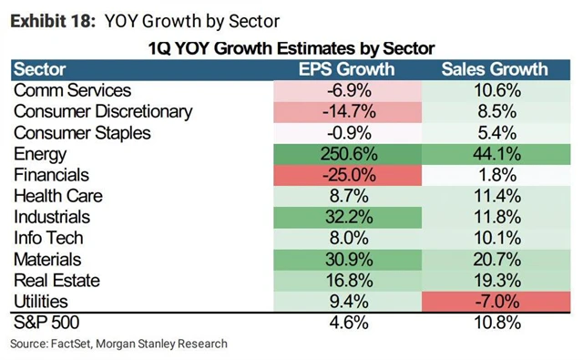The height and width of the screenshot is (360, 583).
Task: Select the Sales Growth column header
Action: (495, 68)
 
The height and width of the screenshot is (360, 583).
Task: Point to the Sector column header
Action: (42, 68)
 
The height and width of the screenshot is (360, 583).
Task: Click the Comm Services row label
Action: (73, 90)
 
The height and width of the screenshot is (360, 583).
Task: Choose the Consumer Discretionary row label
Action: (104, 111)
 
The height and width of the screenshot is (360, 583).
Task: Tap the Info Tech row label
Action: (49, 238)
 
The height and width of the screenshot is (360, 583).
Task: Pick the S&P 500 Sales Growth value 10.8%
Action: (495, 324)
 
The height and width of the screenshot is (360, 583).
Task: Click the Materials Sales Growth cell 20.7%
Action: (495, 260)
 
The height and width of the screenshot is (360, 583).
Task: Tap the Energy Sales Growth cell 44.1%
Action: (495, 154)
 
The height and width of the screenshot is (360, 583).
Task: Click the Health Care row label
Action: (58, 196)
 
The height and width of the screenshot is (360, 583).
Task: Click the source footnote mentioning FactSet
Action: (118, 344)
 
